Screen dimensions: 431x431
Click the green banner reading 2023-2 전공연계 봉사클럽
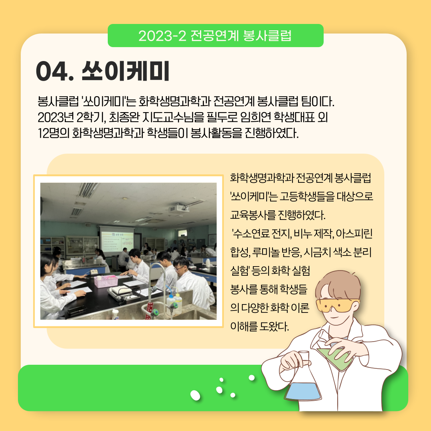[x=215, y=36]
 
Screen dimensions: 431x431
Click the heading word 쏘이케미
[x=125, y=71]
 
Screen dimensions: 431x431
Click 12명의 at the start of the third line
[x=53, y=133]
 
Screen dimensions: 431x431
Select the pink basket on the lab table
[x=106, y=281]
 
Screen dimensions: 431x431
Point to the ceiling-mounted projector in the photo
[x=179, y=208]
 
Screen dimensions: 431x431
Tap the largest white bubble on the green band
[x=195, y=395]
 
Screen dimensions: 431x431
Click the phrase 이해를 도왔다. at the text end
[x=260, y=326]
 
